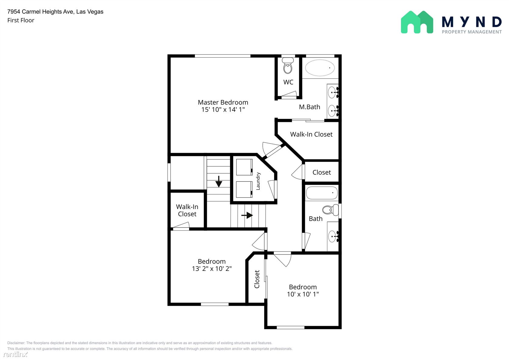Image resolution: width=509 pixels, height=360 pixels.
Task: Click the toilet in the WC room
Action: point(288,66)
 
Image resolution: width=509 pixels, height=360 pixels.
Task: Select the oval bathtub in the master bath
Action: point(320,68)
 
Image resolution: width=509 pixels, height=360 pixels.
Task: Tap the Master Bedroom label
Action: point(223,102)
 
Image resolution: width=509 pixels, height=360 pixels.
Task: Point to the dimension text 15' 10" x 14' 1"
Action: point(223,110)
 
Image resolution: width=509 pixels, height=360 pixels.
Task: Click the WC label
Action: point(288,82)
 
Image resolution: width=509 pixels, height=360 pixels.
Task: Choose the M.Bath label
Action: point(310,107)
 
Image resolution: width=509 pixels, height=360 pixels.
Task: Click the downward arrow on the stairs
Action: point(219,181)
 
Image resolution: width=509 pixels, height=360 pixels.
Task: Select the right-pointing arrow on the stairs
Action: point(247,215)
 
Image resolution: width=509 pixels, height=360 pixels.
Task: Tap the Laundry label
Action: point(258,181)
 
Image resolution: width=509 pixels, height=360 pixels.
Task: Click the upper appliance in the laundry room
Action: point(244,167)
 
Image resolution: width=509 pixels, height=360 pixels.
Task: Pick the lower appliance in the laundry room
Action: point(244,189)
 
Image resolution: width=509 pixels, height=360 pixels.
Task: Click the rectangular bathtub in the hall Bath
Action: point(322,193)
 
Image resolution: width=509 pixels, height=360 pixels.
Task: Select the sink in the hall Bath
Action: point(333,236)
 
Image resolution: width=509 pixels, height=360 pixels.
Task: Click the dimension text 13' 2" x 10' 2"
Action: point(212,268)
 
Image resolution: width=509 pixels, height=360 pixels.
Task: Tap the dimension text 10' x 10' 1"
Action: point(303,294)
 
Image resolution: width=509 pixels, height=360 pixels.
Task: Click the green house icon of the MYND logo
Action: point(417,22)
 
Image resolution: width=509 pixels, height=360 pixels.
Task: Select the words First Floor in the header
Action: point(21,20)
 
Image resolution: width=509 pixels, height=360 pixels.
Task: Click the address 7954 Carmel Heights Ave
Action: point(40,12)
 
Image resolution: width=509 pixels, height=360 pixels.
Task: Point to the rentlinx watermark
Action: point(15,354)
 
